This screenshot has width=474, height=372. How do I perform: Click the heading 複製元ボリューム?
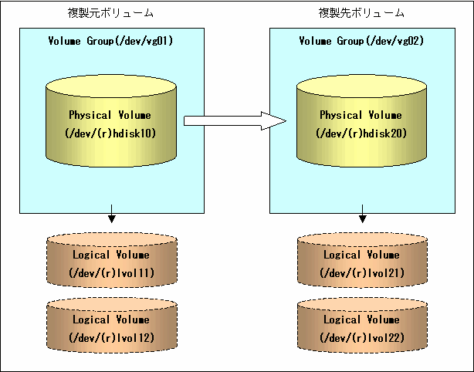click(x=110, y=13)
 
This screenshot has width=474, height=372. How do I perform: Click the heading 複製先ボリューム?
click(x=361, y=13)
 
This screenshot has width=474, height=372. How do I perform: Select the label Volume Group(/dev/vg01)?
click(x=110, y=41)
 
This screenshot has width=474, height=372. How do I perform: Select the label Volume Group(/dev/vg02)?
click(x=361, y=41)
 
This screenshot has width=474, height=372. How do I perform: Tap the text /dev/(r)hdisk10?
click(x=110, y=134)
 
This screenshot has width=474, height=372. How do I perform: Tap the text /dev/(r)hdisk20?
click(x=361, y=134)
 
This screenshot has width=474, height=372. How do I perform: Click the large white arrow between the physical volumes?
click(x=235, y=121)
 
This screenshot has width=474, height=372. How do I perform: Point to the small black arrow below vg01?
click(x=112, y=214)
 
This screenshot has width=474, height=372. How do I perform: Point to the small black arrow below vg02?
click(x=363, y=214)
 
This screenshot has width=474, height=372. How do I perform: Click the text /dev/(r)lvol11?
click(x=111, y=273)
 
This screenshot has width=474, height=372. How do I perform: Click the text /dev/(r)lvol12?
click(x=111, y=338)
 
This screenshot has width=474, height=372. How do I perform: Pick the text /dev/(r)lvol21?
click(x=362, y=273)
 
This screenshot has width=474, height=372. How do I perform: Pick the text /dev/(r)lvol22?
click(x=362, y=338)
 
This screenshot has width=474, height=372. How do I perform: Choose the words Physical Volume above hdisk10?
click(x=110, y=115)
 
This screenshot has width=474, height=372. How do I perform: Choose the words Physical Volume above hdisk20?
click(x=361, y=115)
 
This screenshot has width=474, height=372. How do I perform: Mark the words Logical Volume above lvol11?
click(x=111, y=255)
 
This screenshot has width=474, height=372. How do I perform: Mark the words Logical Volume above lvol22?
click(x=361, y=320)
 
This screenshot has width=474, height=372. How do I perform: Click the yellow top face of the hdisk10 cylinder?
click(x=111, y=86)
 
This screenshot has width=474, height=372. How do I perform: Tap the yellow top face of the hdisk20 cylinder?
click(x=361, y=86)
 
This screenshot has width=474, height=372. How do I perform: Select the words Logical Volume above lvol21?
click(x=361, y=255)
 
